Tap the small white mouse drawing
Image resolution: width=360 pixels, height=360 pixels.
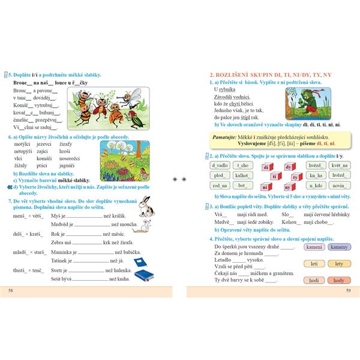pos(145,225)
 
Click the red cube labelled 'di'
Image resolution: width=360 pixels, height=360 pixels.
pos(265,168)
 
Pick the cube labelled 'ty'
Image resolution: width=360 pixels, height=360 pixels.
pos(295,177)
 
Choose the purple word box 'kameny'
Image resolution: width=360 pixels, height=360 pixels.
pos(339,247)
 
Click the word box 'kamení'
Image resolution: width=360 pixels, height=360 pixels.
pos(314,247)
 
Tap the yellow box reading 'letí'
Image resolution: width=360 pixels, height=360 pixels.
pos(314,263)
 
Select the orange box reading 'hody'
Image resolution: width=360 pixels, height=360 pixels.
pos(339,280)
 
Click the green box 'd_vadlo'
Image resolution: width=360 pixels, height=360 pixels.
pos(220,165)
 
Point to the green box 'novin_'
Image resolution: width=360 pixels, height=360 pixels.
pos(340,185)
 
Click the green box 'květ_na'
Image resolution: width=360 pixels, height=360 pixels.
pos(340,165)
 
